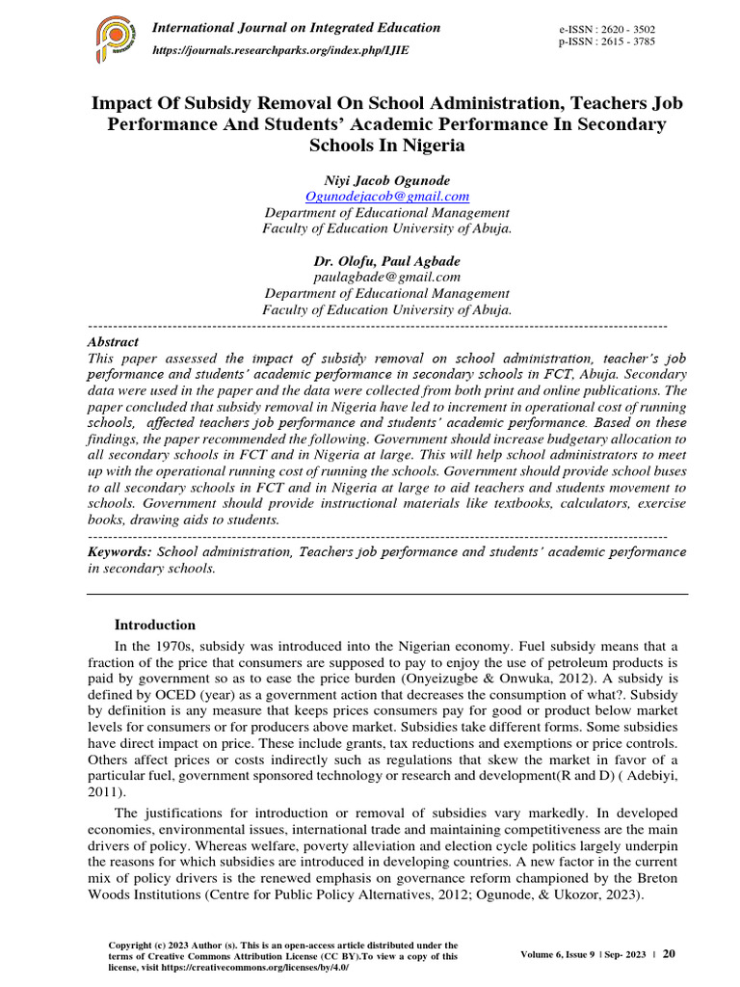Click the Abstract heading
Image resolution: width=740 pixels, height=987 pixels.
click(113, 342)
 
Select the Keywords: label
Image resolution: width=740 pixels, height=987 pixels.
click(119, 552)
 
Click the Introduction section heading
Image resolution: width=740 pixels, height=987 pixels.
click(155, 625)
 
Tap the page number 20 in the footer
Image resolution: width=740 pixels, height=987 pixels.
click(669, 953)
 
